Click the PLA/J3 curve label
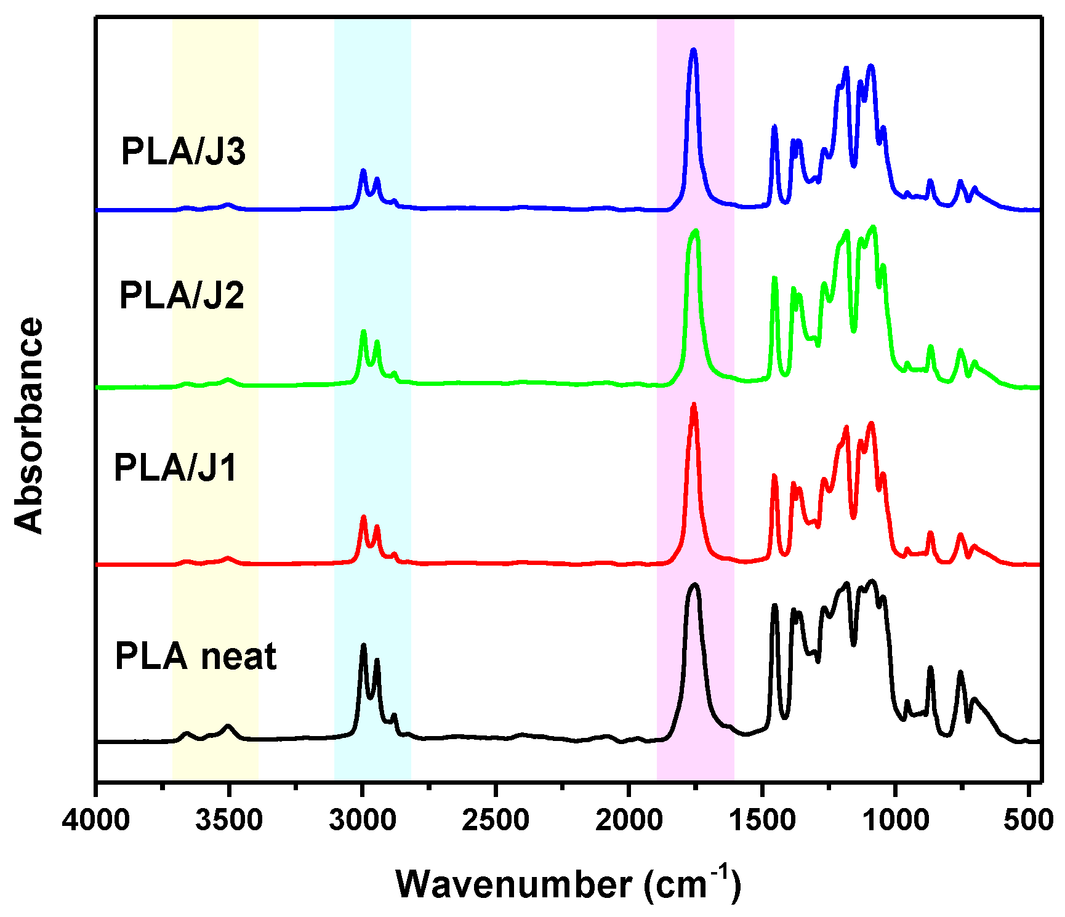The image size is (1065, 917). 183,151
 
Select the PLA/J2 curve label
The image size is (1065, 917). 182,295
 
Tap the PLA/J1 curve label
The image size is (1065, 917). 175,468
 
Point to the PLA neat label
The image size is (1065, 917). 196,656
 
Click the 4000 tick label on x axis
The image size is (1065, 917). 96,820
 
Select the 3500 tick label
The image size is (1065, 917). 229,820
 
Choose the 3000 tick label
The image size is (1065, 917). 362,820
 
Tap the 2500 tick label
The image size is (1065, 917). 496,820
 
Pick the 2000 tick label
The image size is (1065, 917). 629,820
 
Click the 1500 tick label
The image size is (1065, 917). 762,820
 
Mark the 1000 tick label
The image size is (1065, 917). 894,820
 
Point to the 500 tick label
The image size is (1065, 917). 1027,820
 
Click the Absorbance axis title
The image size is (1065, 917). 29,425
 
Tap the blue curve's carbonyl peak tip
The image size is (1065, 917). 694,50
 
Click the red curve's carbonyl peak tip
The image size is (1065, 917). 694,405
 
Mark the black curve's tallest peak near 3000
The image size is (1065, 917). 363,645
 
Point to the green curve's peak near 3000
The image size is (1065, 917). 363,332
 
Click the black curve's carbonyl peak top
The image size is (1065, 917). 695,585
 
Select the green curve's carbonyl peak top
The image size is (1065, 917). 696,231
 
